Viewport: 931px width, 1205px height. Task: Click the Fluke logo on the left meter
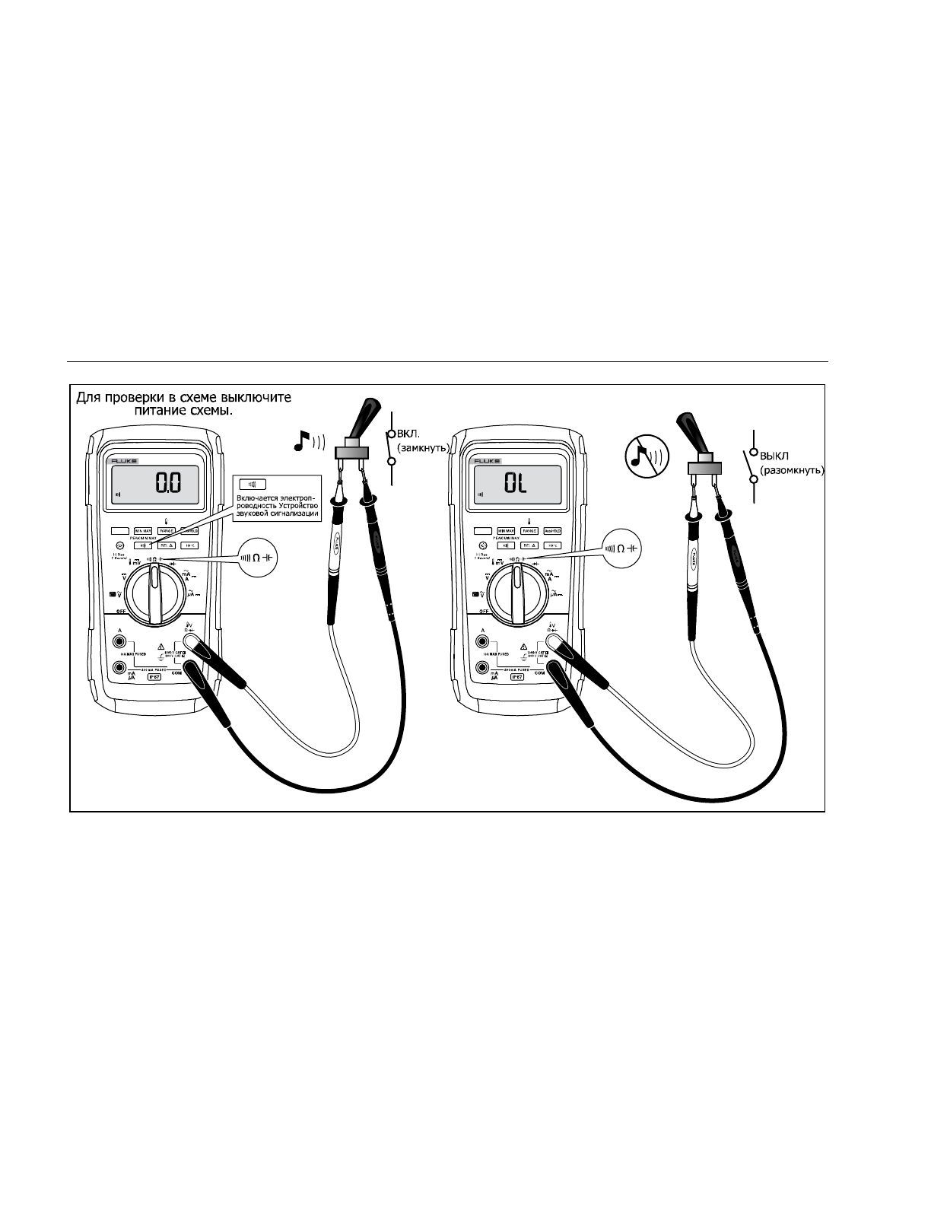(121, 461)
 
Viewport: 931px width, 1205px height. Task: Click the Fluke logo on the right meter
(483, 461)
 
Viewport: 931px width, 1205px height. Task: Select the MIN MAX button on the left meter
(142, 531)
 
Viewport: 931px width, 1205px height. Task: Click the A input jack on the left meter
(119, 639)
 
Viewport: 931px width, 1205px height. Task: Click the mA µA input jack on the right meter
(482, 668)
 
